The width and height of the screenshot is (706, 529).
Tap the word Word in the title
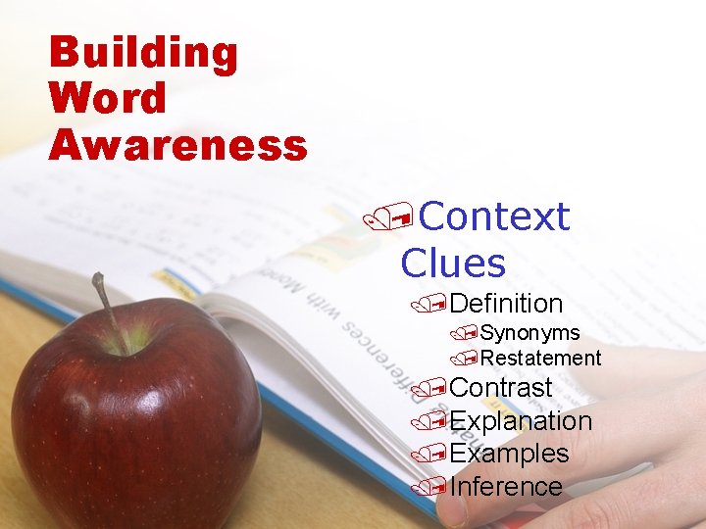coord(108,98)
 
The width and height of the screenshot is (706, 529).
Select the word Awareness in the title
coord(177,145)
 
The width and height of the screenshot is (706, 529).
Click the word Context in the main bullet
coord(493,216)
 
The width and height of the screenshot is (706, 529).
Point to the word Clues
coord(453,263)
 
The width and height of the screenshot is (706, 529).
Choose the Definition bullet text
coord(506,304)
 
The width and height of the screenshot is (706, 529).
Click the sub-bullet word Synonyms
coord(529,333)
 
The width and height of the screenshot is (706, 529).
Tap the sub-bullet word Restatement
coord(540,359)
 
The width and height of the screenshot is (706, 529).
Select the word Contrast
coord(500,388)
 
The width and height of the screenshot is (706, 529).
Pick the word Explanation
coord(521,421)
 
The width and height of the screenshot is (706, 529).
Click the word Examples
coord(509,454)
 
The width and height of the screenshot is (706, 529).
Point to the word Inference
coord(506,487)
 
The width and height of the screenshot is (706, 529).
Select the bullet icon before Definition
coord(422,307)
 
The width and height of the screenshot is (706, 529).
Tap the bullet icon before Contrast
coord(422,390)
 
